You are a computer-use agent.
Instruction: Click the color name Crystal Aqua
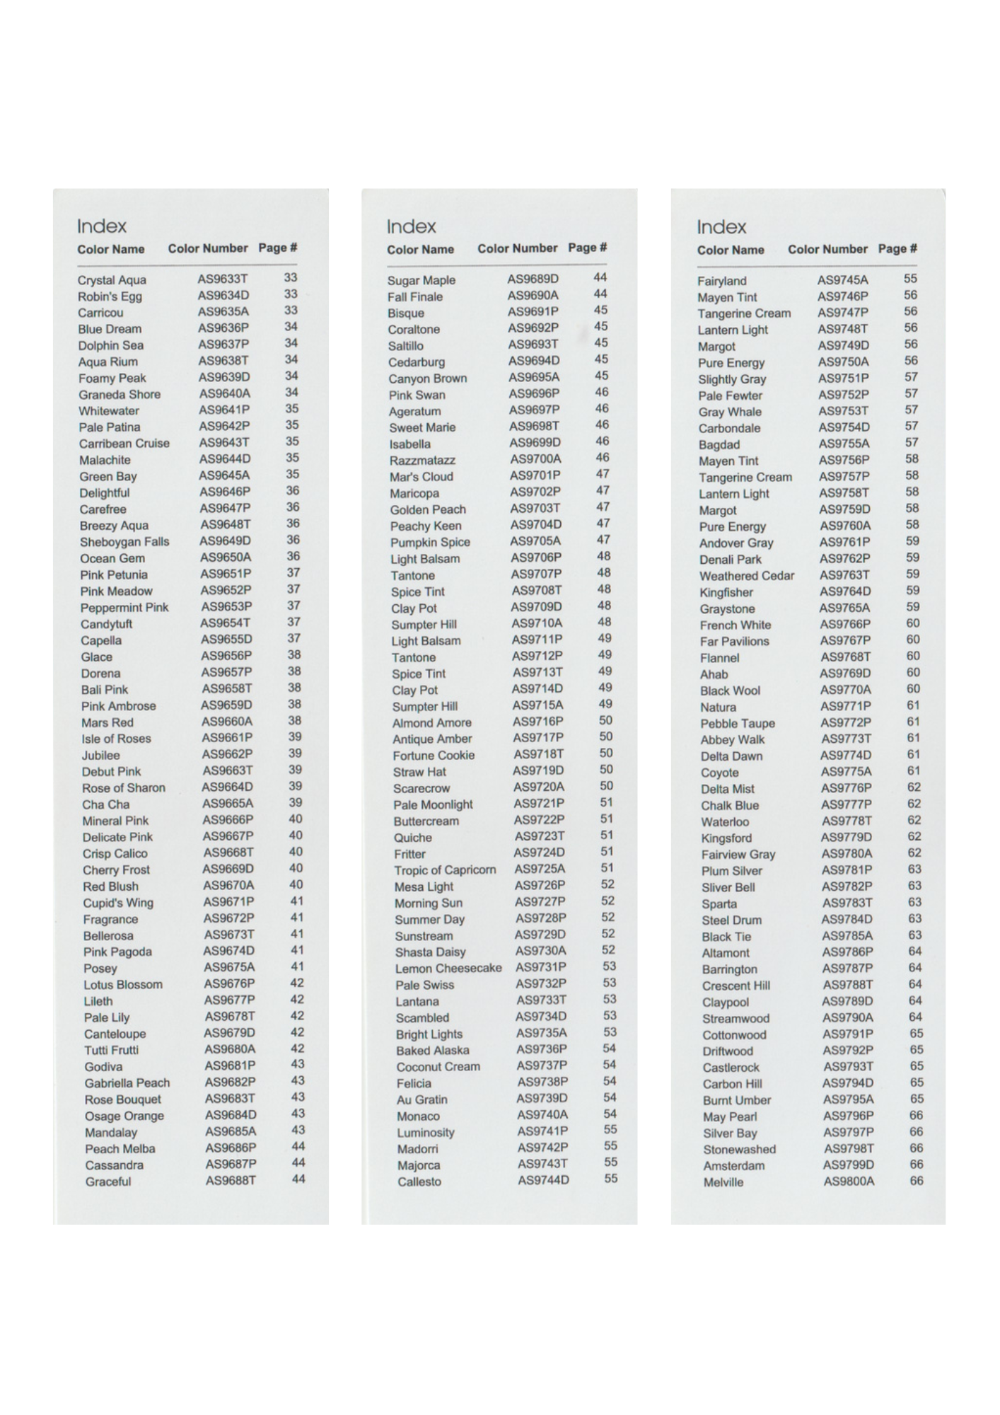pos(112,280)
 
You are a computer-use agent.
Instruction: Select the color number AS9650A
pos(226,558)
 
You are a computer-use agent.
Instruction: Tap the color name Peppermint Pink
pos(124,608)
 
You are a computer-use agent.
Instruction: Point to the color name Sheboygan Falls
pos(124,542)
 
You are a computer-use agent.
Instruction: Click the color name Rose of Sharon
pos(124,788)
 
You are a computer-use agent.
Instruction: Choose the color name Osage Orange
pos(124,1116)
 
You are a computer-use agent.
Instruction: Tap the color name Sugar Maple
pos(421,280)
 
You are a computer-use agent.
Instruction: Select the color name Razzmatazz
pos(422,461)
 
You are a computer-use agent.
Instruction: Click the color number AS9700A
pos(535,459)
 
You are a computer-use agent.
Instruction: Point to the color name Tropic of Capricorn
pos(445,870)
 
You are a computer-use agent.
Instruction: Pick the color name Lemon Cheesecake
pos(448,969)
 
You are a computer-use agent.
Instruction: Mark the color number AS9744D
pos(543,1180)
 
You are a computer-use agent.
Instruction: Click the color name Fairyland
pos(722,281)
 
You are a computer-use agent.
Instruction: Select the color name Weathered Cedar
pos(747,576)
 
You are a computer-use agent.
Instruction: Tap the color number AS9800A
pos(849,1181)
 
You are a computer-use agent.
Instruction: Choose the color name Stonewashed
pos(739,1149)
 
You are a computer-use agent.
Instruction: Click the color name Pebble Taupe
pos(738,724)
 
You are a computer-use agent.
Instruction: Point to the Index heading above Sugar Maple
pos(411,226)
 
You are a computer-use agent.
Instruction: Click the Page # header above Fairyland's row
pos(897,249)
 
